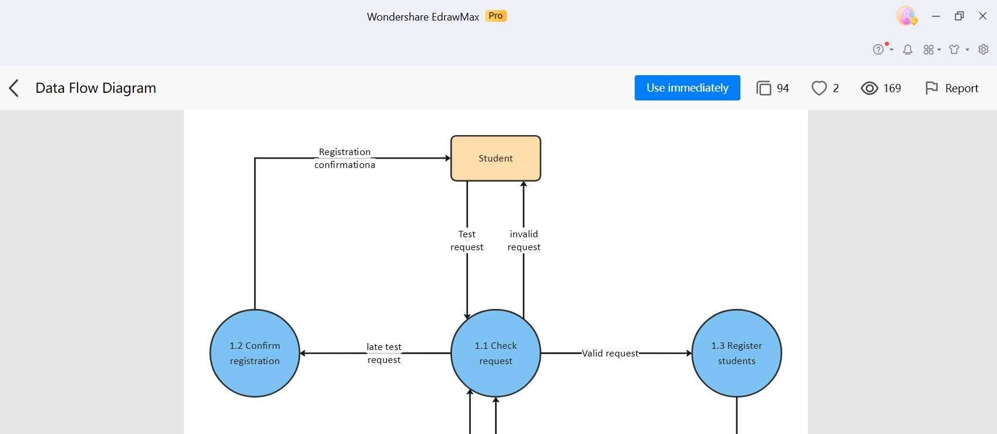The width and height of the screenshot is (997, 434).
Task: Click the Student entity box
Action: click(x=496, y=159)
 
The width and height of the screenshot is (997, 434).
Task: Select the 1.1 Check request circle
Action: click(x=496, y=353)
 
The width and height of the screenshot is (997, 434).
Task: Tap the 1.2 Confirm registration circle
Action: click(x=255, y=353)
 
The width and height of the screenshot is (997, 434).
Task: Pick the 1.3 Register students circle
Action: click(x=736, y=353)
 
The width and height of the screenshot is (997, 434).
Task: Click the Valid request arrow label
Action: click(x=610, y=354)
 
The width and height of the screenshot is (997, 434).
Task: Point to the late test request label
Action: click(x=384, y=353)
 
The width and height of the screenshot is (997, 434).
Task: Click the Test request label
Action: click(x=467, y=240)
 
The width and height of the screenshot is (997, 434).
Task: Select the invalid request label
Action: click(x=524, y=240)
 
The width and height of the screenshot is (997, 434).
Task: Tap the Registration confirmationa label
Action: click(x=345, y=159)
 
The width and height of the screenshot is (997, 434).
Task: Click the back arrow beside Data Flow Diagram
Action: click(x=14, y=88)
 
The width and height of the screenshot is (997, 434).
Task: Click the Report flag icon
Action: click(x=931, y=88)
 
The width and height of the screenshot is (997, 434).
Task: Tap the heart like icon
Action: click(x=819, y=88)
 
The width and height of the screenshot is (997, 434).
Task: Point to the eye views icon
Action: click(x=869, y=88)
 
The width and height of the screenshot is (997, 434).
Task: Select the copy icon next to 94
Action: click(x=763, y=88)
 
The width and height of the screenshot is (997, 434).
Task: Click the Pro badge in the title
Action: click(x=496, y=16)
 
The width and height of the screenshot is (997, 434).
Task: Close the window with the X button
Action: click(x=982, y=16)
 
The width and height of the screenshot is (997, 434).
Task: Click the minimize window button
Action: click(x=936, y=16)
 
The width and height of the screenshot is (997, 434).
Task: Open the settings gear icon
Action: click(x=983, y=49)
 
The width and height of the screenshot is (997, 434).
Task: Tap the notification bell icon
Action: click(x=908, y=49)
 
